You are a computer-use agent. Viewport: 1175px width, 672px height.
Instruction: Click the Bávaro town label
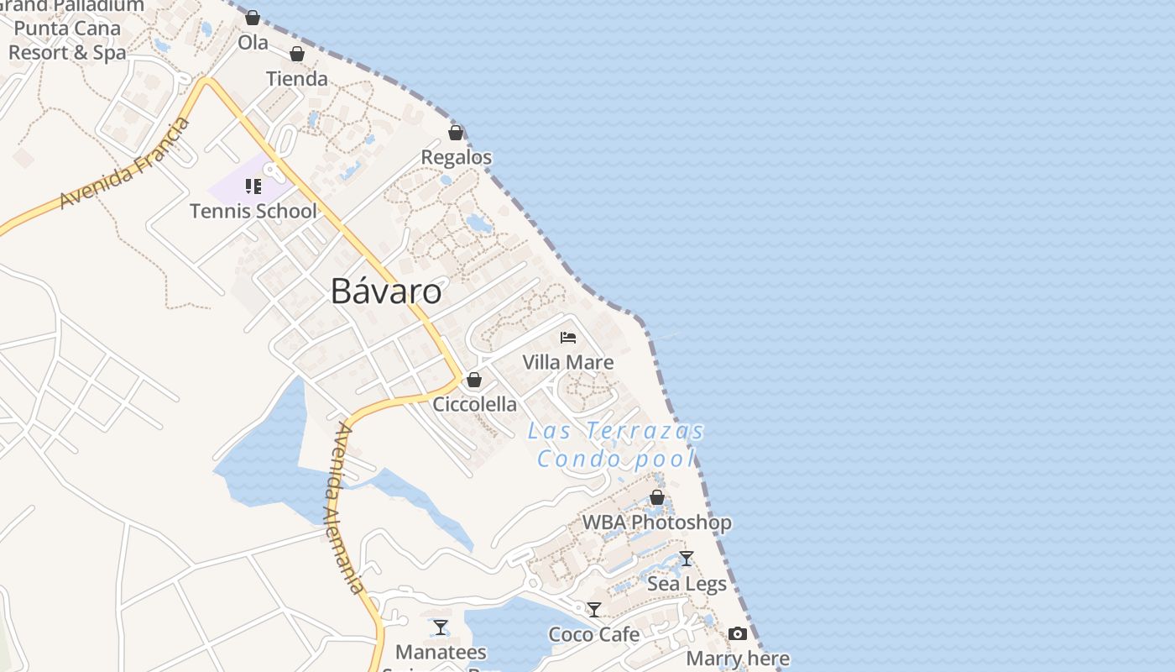[x=386, y=291]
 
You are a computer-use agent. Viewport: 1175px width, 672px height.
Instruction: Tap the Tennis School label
[x=253, y=211]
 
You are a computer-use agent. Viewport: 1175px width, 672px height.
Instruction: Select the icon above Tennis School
[x=253, y=186]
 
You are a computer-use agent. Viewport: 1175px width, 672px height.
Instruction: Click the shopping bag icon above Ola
[x=253, y=18]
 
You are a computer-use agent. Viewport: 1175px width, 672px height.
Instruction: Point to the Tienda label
[x=297, y=79]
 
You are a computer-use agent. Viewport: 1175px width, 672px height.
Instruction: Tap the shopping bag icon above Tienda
[x=296, y=55]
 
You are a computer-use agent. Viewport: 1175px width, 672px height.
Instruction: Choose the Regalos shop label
[x=457, y=157]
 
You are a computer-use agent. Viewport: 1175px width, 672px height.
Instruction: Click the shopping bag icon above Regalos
[x=456, y=133]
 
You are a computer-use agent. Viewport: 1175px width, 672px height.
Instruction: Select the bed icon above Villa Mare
[x=568, y=338]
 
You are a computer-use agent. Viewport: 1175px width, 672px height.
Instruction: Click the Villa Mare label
[x=568, y=362]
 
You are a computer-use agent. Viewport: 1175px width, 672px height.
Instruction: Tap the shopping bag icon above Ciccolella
[x=474, y=380]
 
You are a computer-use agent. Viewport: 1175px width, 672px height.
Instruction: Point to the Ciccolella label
[x=475, y=404]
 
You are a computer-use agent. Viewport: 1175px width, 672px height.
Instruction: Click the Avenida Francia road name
[x=126, y=165]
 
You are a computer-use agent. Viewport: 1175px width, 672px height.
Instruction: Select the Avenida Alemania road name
[x=348, y=508]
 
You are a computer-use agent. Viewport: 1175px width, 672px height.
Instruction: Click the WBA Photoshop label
[x=657, y=522]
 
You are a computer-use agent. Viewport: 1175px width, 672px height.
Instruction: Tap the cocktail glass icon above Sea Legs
[x=687, y=559]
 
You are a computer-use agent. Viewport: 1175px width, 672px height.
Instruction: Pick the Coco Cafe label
[x=594, y=634]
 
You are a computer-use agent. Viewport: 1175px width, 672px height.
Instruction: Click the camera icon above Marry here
[x=738, y=633]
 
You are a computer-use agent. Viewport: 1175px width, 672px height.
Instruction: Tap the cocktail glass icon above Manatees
[x=441, y=627]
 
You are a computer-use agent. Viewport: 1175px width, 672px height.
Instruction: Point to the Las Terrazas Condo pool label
[x=617, y=445]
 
